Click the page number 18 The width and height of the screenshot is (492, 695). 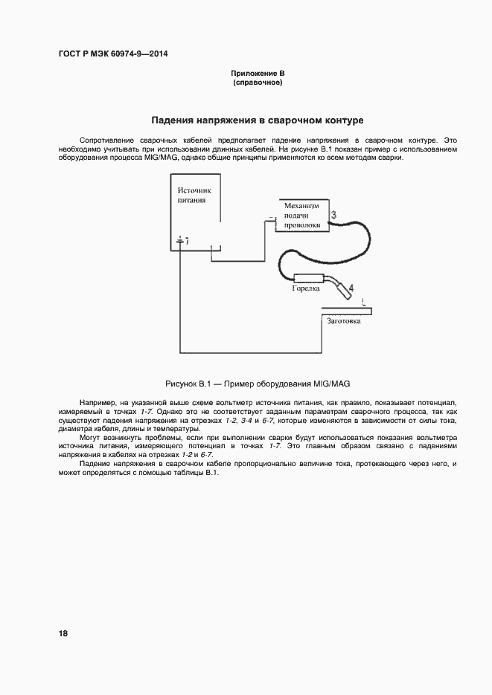pyautogui.click(x=63, y=633)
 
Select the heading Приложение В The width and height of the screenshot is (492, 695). pyautogui.click(x=258, y=74)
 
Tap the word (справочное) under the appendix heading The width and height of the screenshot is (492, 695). pyautogui.click(x=258, y=83)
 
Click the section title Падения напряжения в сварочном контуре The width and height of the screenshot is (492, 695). pyautogui.click(x=257, y=120)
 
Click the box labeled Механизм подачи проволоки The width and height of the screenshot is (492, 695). pyautogui.click(x=302, y=215)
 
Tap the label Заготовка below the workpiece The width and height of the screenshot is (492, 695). pyautogui.click(x=345, y=321)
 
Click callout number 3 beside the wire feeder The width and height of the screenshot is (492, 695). pyautogui.click(x=334, y=216)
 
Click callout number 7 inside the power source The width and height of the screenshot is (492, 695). pyautogui.click(x=186, y=242)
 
